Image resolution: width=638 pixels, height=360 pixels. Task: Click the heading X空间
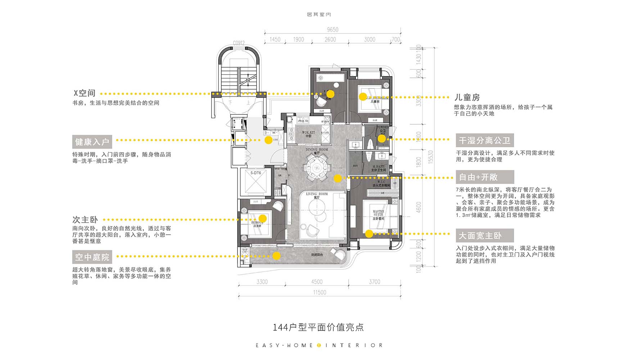85,93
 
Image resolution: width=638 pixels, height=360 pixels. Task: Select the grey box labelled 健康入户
92,142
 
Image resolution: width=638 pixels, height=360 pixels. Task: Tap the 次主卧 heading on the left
85,220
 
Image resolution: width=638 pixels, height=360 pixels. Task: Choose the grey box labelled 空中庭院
92,257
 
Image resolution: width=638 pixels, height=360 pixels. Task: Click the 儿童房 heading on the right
467,97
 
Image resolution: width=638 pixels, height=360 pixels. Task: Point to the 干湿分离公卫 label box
484,140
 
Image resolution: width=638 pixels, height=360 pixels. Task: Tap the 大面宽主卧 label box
484,236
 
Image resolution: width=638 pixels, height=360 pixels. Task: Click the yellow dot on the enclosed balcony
276,256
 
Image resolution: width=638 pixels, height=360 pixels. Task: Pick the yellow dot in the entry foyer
268,140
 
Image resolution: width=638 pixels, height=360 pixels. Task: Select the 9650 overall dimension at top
332,30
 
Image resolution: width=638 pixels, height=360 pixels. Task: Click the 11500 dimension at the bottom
320,292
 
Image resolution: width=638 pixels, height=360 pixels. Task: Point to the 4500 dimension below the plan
317,282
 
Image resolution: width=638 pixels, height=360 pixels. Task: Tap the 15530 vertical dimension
431,157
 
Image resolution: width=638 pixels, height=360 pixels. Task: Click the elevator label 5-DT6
255,173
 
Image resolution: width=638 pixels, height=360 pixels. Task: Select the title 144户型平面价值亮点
318,327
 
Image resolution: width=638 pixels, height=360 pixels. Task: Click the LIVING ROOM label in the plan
317,194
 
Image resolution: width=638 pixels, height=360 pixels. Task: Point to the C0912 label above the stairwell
239,43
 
